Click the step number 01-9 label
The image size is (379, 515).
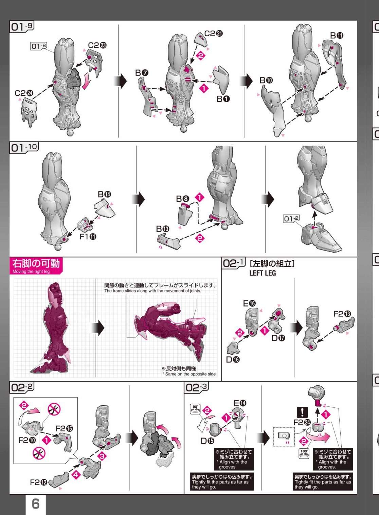click(x=22, y=26)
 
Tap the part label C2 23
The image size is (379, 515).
click(x=97, y=45)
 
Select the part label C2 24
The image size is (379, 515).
click(x=24, y=93)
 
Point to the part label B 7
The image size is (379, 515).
click(x=142, y=73)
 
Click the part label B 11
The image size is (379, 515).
click(x=337, y=36)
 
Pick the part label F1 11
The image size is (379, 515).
click(x=88, y=237)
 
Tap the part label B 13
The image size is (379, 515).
click(x=163, y=229)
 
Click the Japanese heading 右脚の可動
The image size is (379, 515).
click(x=36, y=263)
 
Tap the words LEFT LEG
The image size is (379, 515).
click(x=263, y=273)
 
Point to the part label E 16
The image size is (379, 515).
click(x=249, y=304)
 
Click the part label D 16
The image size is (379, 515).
click(x=233, y=360)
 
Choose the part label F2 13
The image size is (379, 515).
click(x=342, y=314)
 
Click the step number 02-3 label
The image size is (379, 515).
click(x=197, y=388)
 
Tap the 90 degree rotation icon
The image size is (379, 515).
click(x=195, y=409)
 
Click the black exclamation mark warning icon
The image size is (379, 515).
click(x=302, y=412)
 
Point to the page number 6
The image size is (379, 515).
click(x=35, y=504)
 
